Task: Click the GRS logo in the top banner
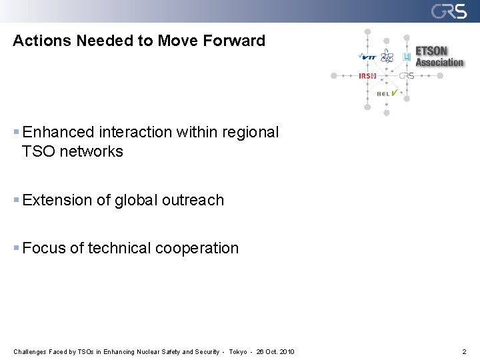click(449, 11)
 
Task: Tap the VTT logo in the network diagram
click(367, 57)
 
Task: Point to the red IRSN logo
click(367, 76)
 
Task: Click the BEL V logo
click(387, 93)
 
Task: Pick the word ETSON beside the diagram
click(431, 51)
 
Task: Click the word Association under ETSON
click(439, 63)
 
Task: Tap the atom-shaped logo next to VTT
click(387, 57)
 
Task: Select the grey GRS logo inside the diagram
click(407, 76)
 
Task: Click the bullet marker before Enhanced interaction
click(17, 133)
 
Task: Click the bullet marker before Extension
click(17, 200)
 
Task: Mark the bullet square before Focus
click(17, 248)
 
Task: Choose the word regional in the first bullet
click(252, 133)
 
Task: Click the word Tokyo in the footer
click(238, 351)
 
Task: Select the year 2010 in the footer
click(287, 351)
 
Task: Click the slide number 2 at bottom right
click(464, 351)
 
